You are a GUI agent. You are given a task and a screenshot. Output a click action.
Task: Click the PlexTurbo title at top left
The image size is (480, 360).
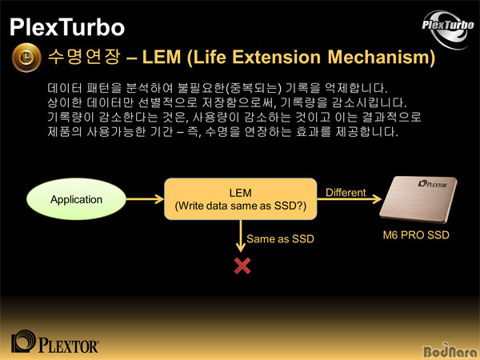tap(67, 27)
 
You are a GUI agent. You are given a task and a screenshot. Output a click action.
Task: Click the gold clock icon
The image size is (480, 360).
tap(26, 58)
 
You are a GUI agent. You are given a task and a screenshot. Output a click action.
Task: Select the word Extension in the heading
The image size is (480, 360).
tap(276, 57)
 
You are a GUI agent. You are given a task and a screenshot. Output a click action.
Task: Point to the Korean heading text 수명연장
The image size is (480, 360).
tap(84, 57)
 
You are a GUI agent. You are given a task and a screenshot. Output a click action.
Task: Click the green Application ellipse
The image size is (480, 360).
tap(76, 199)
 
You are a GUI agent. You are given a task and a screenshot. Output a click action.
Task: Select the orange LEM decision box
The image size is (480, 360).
tap(241, 199)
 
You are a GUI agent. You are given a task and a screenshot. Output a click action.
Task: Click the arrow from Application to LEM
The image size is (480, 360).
tap(145, 199)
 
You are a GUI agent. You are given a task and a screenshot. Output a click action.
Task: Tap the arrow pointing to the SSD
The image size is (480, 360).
tap(350, 199)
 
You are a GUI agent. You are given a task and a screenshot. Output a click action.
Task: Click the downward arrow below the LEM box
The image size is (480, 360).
tap(241, 236)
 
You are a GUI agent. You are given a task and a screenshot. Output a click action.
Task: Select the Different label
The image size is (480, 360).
tap(346, 193)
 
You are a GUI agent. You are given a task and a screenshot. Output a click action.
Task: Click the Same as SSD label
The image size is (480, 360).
tap(280, 238)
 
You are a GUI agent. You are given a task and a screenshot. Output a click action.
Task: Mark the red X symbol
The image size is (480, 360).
tap(242, 266)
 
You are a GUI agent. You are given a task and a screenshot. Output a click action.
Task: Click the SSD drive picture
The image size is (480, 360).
tap(418, 199)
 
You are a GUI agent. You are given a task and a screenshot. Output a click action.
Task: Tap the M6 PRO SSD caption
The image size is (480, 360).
tap(416, 235)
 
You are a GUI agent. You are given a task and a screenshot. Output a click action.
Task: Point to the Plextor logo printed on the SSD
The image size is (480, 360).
tap(433, 184)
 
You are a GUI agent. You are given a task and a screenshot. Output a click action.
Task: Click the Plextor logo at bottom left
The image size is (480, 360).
tap(54, 342)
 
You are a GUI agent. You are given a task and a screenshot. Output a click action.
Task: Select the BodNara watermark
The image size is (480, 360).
tap(450, 351)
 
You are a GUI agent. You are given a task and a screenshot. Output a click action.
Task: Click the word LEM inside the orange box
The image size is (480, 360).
tap(241, 193)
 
